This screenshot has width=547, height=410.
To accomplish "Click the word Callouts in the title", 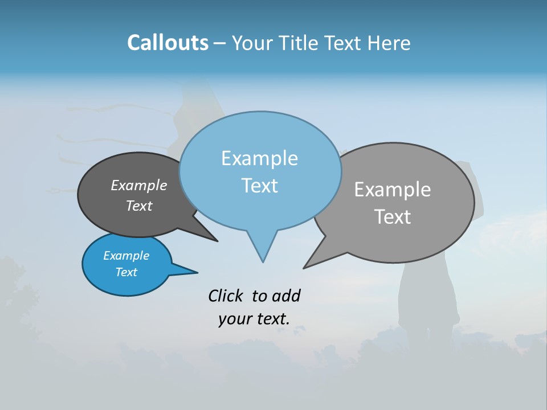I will (x=168, y=43).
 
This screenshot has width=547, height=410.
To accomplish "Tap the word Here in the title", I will (x=389, y=43).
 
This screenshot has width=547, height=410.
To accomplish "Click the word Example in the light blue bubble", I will (x=259, y=158).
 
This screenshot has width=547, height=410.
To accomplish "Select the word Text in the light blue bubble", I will (x=259, y=186).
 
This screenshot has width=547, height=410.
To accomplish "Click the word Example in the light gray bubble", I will (x=393, y=190).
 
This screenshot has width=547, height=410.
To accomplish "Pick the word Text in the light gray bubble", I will (x=393, y=217).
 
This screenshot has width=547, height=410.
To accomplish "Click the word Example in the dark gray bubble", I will (x=139, y=186).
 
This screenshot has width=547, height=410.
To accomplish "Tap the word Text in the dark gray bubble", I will (x=139, y=206).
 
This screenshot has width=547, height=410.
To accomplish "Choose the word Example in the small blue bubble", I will (x=126, y=256).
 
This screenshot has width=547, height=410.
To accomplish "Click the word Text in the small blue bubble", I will (x=126, y=272).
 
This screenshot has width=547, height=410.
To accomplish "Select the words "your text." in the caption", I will (x=254, y=319).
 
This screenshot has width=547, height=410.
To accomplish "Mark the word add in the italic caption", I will (x=286, y=296).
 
